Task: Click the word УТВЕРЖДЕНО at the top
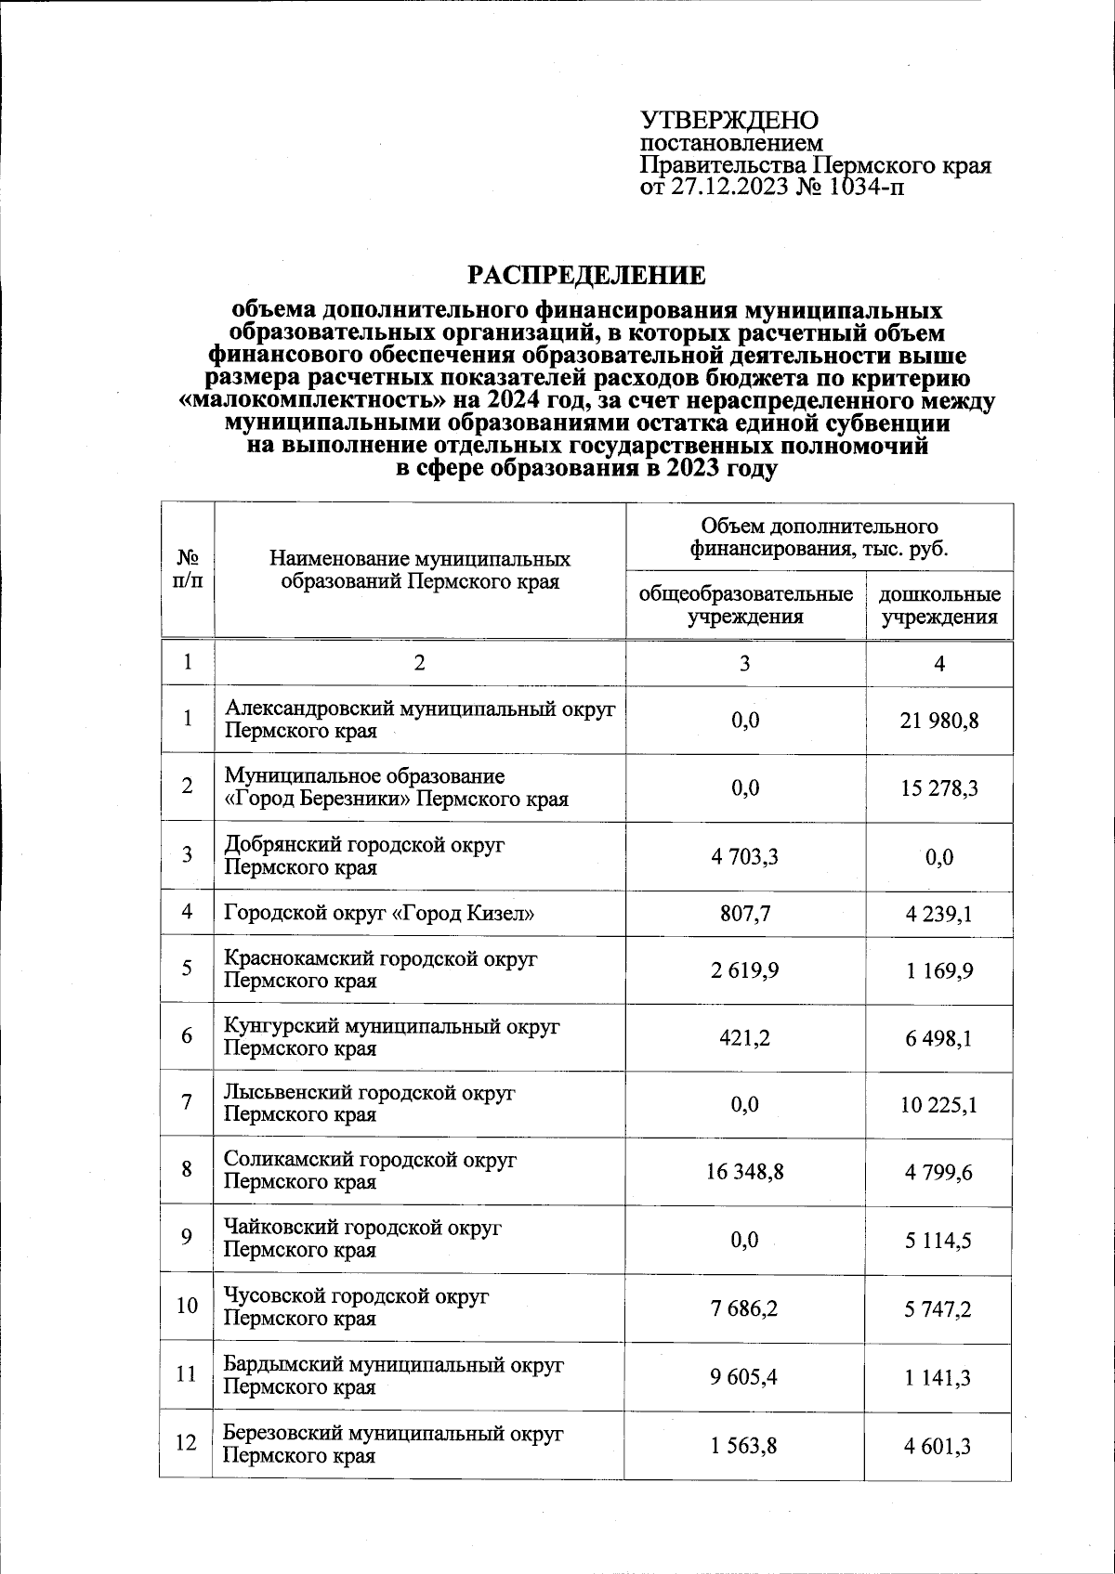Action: pos(729,121)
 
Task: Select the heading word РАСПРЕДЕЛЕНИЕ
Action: pos(585,276)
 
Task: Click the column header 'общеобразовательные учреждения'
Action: pos(745,605)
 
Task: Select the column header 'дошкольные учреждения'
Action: pos(939,605)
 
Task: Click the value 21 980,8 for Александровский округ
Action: pos(939,720)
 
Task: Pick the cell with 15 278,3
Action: pos(939,787)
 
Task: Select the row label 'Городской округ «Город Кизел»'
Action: pos(379,913)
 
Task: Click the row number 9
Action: pos(188,1238)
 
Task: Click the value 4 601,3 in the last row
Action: pos(939,1445)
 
